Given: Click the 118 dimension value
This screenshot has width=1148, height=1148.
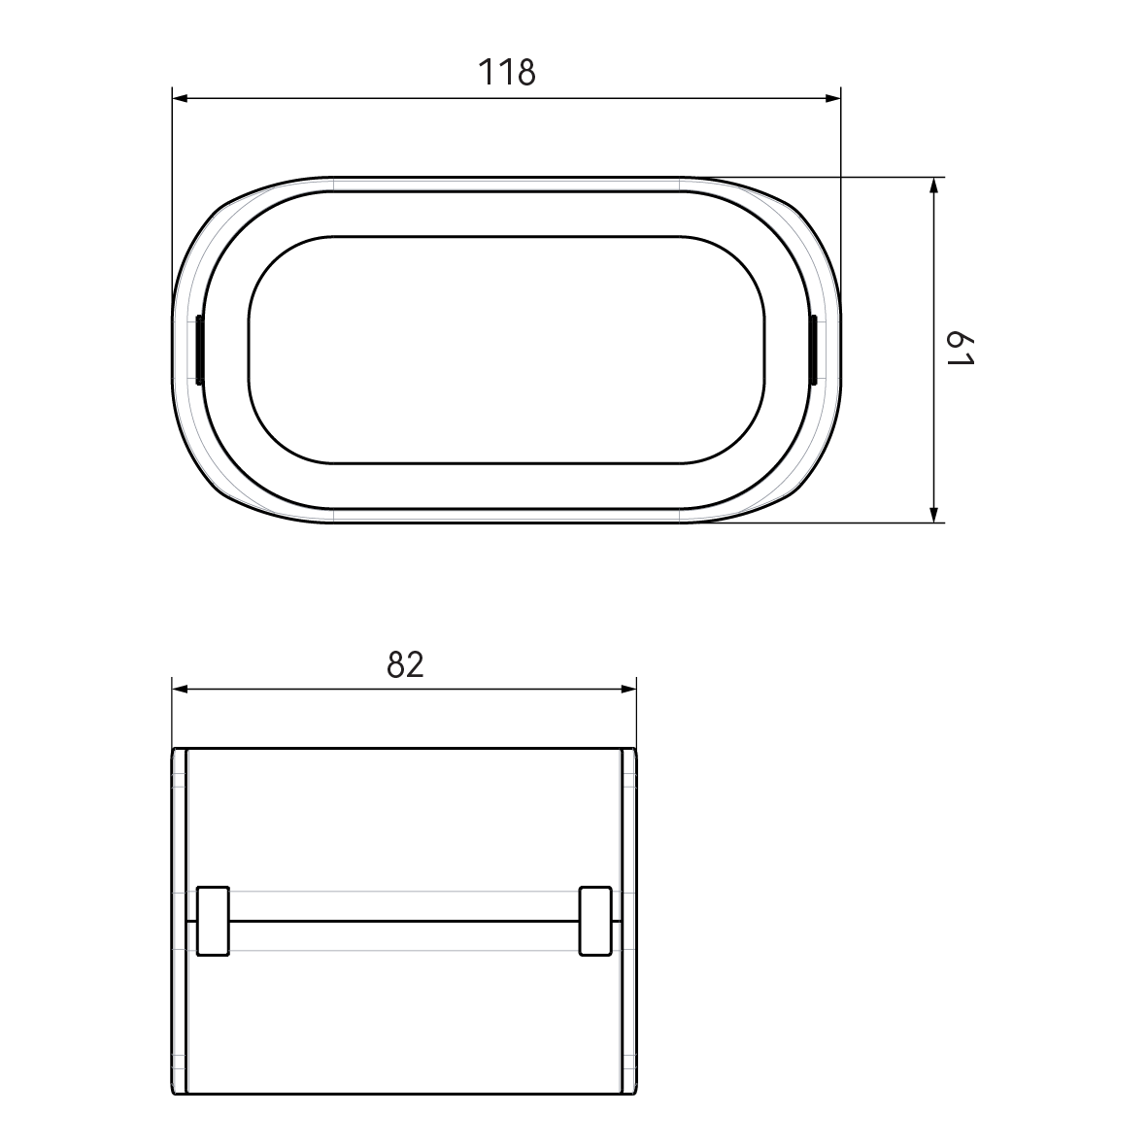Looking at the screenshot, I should click(x=506, y=72).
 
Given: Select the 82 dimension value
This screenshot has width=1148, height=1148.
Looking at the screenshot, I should click(x=405, y=664).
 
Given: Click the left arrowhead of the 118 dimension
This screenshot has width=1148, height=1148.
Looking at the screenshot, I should click(x=180, y=97).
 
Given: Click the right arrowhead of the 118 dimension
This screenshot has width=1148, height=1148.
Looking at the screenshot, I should click(x=832, y=97).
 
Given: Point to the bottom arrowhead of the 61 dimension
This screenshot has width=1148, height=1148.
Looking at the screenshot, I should click(x=933, y=515).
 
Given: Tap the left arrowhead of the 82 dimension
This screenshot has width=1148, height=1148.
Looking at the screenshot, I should click(x=180, y=689).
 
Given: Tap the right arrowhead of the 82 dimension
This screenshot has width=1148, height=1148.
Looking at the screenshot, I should click(x=628, y=689).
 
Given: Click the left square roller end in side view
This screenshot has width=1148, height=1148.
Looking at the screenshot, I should click(x=212, y=920).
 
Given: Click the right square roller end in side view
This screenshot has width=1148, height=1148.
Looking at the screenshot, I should click(x=595, y=920).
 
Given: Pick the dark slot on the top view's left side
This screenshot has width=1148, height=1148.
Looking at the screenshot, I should click(x=199, y=350).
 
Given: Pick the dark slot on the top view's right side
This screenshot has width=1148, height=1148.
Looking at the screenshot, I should click(x=812, y=350).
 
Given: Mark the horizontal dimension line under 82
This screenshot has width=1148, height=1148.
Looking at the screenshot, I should click(x=291, y=689).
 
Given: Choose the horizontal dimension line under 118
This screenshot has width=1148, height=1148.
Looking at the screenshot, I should click(x=340, y=97).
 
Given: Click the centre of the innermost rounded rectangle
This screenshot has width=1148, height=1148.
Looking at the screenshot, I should click(x=506, y=350).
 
